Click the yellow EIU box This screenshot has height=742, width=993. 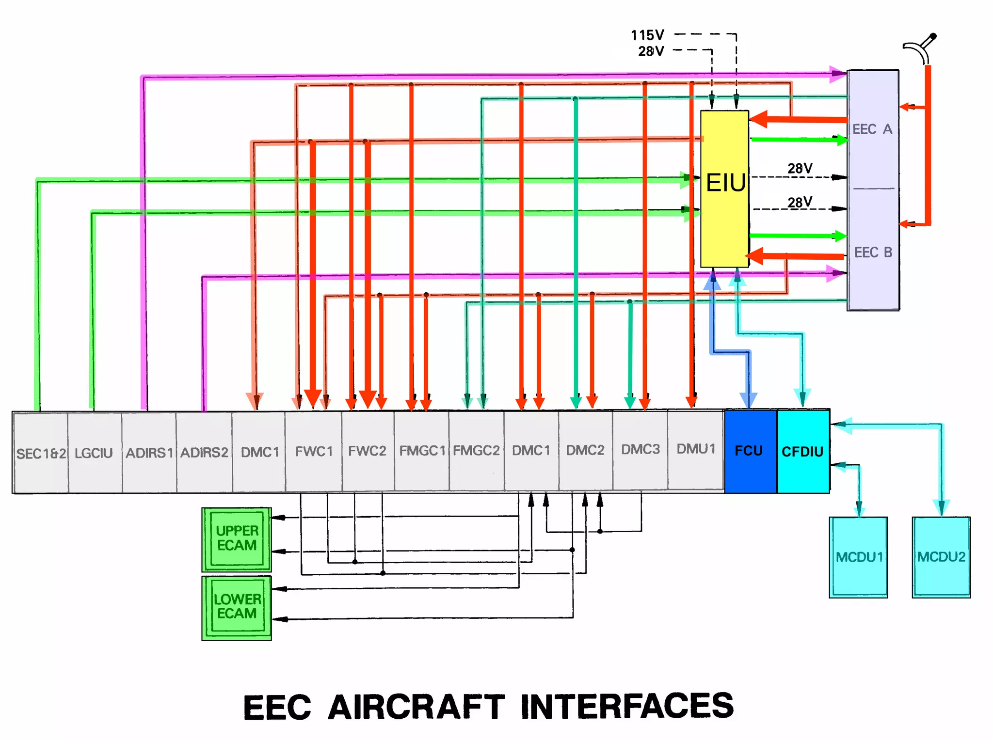tap(724, 189)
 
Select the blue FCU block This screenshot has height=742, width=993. tap(750, 451)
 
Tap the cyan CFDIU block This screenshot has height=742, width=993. tap(803, 451)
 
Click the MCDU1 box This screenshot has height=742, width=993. tap(858, 557)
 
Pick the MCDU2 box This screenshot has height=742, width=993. tap(941, 557)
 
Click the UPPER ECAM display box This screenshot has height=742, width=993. tap(237, 539)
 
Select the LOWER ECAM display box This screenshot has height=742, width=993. tap(237, 607)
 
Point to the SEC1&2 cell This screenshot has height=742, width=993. tap(41, 453)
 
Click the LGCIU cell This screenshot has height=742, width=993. tap(94, 453)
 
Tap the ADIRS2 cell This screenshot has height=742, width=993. tap(204, 453)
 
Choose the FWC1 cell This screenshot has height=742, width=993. tap(314, 452)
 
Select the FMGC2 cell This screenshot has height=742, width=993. tap(476, 451)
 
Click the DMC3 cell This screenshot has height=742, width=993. tap(641, 449)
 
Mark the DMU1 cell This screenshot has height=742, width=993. tap(696, 449)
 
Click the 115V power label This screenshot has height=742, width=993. tap(647, 35)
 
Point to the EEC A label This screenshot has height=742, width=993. tap(872, 129)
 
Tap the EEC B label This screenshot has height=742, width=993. tap(873, 253)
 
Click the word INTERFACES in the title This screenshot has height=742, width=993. tap(627, 706)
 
